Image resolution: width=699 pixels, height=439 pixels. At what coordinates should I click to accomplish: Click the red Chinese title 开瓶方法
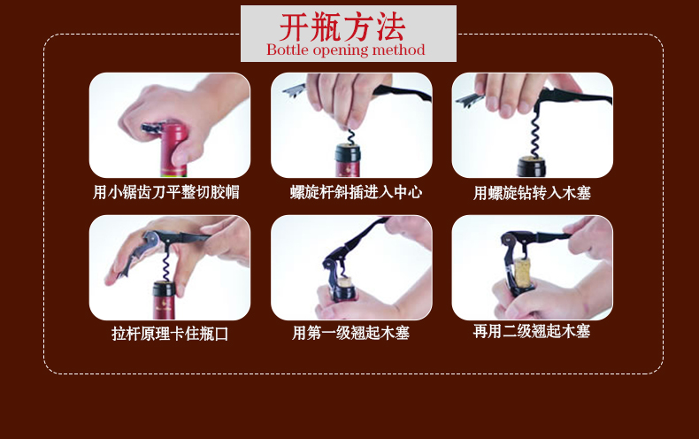tap(342, 27)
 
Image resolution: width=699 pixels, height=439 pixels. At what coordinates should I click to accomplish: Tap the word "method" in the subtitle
tap(398, 50)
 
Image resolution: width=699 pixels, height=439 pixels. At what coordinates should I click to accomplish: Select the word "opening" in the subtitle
tap(340, 50)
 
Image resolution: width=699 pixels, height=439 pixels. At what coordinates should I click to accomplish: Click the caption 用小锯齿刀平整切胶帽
tap(165, 192)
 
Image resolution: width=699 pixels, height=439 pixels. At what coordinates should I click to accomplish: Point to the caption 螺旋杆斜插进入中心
tap(356, 192)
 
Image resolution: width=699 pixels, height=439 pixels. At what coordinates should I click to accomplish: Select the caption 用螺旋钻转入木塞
tap(532, 193)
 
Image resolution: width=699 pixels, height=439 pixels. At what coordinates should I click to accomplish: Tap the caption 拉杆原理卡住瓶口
tap(170, 334)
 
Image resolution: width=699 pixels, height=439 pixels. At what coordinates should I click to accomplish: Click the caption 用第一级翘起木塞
tap(351, 333)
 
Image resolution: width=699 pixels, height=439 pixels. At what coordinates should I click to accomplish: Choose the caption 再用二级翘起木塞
tap(532, 331)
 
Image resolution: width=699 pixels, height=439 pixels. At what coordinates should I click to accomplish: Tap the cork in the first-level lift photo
tap(344, 282)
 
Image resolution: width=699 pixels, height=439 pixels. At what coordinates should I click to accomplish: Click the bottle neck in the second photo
tap(348, 160)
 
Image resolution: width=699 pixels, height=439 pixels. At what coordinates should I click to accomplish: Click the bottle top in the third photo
tap(532, 166)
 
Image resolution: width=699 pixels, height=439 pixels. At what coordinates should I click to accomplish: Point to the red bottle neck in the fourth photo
tap(164, 300)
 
